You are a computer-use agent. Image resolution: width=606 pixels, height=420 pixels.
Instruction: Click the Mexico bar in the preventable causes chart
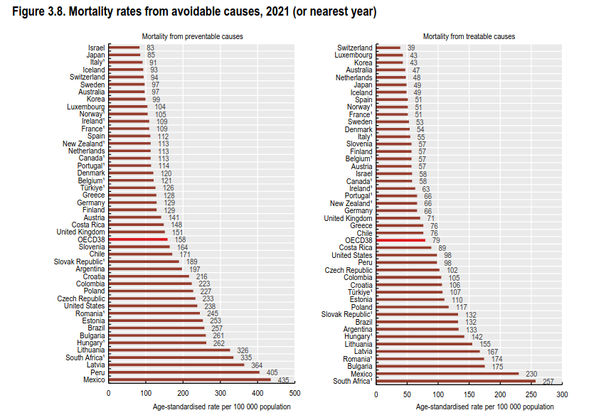[189, 379]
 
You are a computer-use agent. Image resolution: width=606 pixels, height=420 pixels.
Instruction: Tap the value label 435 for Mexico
[282, 379]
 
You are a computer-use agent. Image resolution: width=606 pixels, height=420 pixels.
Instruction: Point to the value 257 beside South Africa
[548, 381]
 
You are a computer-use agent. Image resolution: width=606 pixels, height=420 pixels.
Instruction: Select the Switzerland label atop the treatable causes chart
[354, 48]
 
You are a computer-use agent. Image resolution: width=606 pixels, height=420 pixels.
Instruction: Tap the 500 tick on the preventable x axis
[294, 393]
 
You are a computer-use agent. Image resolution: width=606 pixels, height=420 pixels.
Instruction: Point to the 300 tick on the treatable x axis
[562, 393]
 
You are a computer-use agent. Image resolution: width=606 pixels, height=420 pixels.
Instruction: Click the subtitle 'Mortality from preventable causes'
[192, 36]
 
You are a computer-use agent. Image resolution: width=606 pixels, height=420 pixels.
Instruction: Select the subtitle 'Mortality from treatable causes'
[469, 36]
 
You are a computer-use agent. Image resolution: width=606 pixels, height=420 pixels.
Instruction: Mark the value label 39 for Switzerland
[411, 48]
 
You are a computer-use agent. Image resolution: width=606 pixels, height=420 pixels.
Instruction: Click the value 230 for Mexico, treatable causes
[531, 373]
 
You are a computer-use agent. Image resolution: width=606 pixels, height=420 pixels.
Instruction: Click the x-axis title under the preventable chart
[221, 406]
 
